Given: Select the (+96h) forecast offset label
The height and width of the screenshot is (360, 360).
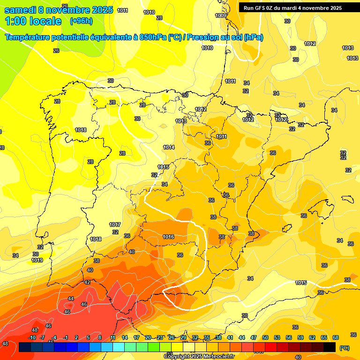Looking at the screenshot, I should (x=81, y=21).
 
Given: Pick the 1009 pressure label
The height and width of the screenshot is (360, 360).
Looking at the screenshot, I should (x=221, y=15).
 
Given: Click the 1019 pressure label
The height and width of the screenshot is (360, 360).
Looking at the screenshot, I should (x=37, y=260).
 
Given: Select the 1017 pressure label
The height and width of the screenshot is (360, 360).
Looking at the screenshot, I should (x=115, y=225).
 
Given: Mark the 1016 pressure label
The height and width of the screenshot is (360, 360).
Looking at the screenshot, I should (x=169, y=237).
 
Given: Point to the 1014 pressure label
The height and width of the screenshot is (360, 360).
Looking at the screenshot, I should (x=169, y=147).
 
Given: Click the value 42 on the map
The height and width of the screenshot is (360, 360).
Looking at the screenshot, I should (x=87, y=282).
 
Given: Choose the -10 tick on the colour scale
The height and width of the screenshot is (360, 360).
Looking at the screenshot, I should (x=32, y=337).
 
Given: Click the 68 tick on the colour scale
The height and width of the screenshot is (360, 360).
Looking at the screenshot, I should (x=336, y=337).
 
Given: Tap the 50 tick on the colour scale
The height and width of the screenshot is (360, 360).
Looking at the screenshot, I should (x=265, y=337).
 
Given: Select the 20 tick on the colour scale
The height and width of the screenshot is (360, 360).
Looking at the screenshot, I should (x=148, y=337).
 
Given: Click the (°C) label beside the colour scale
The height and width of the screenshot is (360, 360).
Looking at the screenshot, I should (x=344, y=348).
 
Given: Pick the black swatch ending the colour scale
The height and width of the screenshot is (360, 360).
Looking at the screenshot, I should (x=330, y=347).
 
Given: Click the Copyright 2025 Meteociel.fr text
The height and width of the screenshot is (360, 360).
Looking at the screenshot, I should (x=199, y=356).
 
